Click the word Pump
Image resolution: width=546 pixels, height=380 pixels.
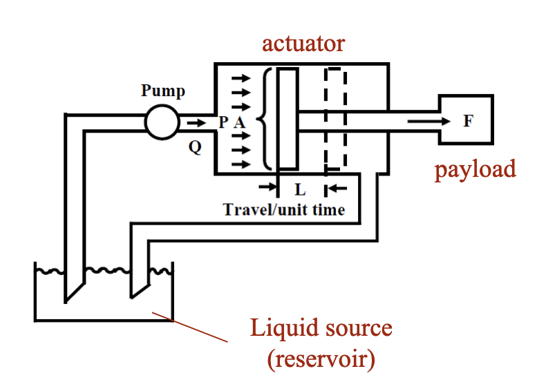tap(163, 91)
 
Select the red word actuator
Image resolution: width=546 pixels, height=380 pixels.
tap(303, 44)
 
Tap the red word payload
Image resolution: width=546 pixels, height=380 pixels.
tap(475, 169)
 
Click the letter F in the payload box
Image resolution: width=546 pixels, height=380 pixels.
tap(468, 121)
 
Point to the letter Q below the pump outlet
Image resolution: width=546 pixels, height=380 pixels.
tap(196, 147)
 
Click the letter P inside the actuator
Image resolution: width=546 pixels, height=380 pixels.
tap(223, 122)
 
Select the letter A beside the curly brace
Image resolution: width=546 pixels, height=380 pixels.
tap(239, 122)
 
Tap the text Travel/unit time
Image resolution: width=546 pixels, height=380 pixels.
tap(283, 209)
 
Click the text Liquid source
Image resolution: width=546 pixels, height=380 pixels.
tap(321, 327)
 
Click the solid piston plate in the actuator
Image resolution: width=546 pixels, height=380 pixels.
tap(288, 118)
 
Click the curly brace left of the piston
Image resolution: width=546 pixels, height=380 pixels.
tap(263, 118)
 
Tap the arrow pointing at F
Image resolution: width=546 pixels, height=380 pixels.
tap(429, 122)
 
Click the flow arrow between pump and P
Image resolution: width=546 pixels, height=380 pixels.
tap(196, 122)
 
